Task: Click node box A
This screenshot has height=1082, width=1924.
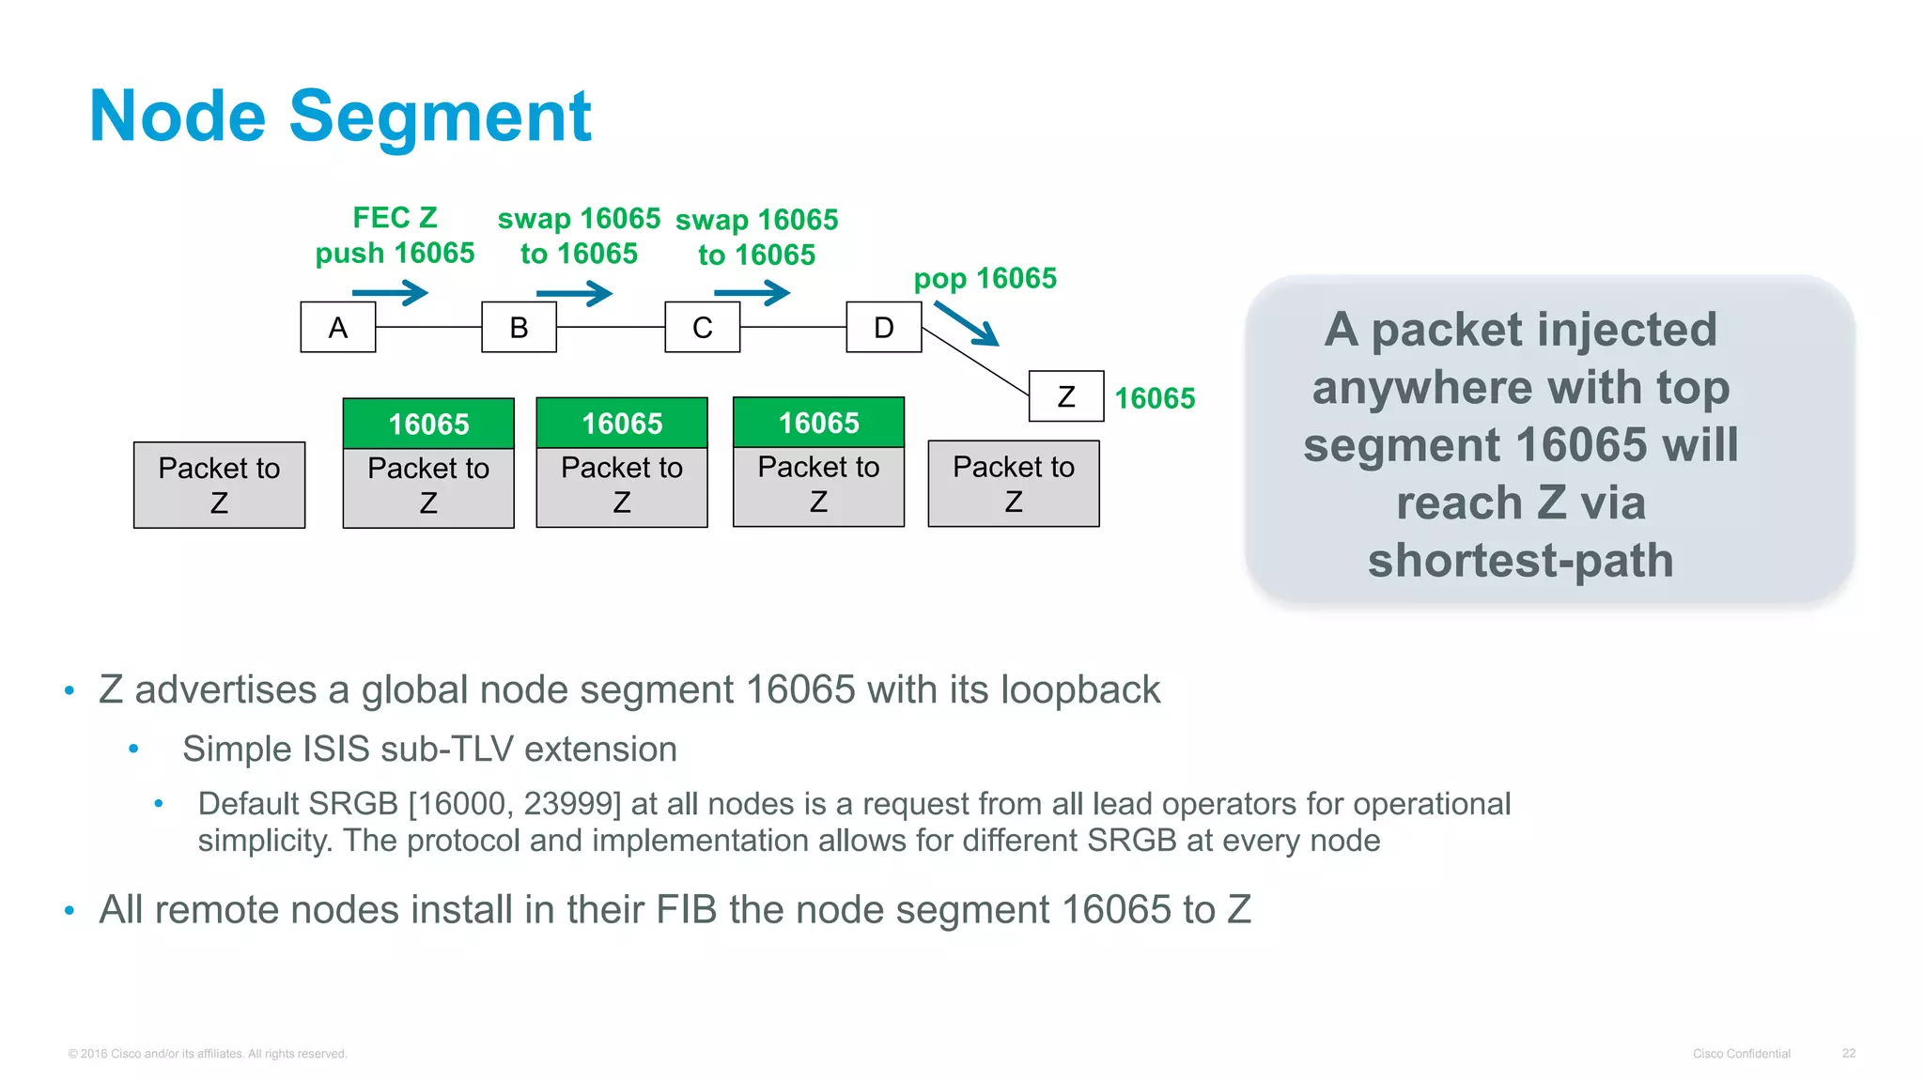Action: pyautogui.click(x=337, y=327)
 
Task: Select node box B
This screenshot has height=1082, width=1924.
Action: pyautogui.click(x=519, y=327)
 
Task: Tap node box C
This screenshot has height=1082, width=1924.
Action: pyautogui.click(x=702, y=327)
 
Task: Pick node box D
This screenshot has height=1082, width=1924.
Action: pyautogui.click(x=883, y=327)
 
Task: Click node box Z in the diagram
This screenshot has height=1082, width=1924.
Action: pyautogui.click(x=1066, y=396)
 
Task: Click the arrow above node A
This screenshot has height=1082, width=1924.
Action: pyautogui.click(x=391, y=293)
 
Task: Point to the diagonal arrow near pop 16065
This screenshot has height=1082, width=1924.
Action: pyautogui.click(x=967, y=323)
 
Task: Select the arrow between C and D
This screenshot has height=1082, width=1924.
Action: pyautogui.click(x=753, y=293)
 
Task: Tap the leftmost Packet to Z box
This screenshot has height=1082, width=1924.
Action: pyautogui.click(x=219, y=485)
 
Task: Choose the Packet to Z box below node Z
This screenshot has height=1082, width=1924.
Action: pyautogui.click(x=1013, y=484)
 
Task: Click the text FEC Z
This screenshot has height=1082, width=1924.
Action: pyautogui.click(x=395, y=218)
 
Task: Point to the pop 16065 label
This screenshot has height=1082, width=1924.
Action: pyautogui.click(x=985, y=278)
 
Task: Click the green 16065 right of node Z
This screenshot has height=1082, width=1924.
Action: pyautogui.click(x=1155, y=398)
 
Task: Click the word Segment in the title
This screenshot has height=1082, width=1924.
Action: pyautogui.click(x=440, y=116)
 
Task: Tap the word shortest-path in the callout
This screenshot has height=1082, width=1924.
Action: pyautogui.click(x=1520, y=561)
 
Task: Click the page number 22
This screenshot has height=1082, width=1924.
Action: pyautogui.click(x=1848, y=1053)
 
